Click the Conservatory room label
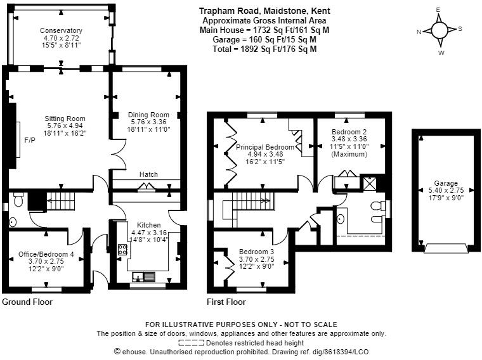(x=61, y=30)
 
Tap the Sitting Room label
(x=65, y=119)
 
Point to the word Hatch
(x=148, y=174)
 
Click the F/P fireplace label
(x=29, y=140)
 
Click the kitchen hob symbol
(x=122, y=249)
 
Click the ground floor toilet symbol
(x=18, y=202)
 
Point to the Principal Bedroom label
(x=265, y=147)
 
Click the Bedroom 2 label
(x=349, y=131)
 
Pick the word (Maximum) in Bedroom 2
(x=349, y=154)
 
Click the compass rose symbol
(x=439, y=30)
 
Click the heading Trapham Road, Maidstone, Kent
(x=264, y=11)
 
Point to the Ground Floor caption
(x=27, y=302)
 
